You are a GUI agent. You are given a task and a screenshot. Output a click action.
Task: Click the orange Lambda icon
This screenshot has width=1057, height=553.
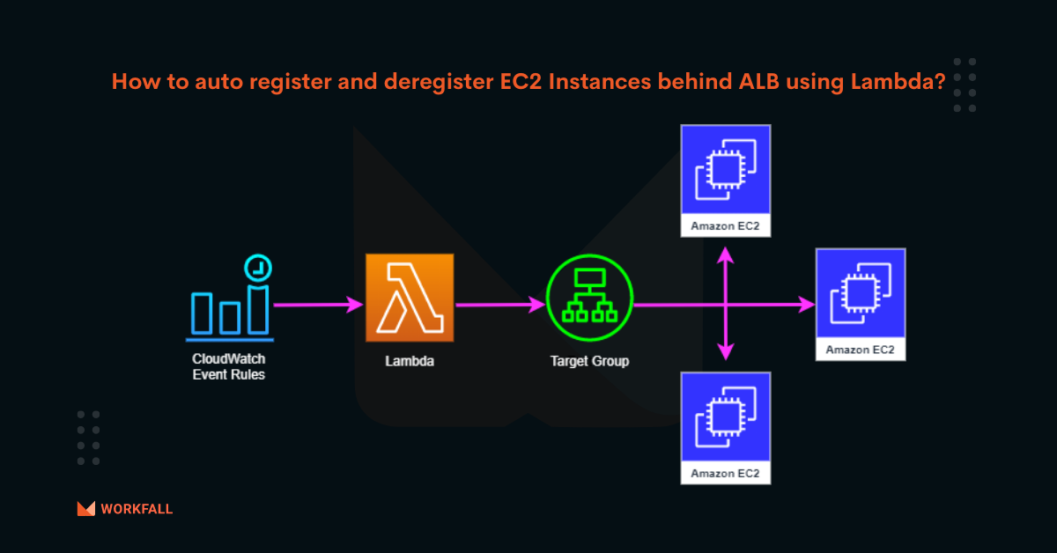tap(410, 298)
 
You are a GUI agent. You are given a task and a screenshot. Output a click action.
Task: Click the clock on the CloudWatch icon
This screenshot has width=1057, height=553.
tap(258, 267)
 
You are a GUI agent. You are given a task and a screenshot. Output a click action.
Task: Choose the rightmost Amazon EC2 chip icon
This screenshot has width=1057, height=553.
tap(860, 292)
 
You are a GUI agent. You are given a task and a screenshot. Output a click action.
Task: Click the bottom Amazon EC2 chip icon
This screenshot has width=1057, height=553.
tap(725, 417)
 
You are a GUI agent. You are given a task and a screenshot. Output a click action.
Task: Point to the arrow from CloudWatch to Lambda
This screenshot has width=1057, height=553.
tap(318, 306)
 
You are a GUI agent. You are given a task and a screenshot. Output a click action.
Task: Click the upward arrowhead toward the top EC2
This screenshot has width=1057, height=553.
tap(725, 254)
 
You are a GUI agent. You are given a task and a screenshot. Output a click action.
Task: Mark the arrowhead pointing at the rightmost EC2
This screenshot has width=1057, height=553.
tap(806, 306)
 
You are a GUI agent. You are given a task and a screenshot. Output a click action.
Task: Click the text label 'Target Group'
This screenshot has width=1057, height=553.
tap(589, 361)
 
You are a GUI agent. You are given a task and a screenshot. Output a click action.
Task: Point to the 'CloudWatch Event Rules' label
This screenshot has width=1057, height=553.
tap(229, 367)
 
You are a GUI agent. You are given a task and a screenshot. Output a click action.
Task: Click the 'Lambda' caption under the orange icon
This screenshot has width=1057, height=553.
tap(410, 361)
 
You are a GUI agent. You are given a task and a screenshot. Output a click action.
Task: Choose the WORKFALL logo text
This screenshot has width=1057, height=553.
tap(137, 509)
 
